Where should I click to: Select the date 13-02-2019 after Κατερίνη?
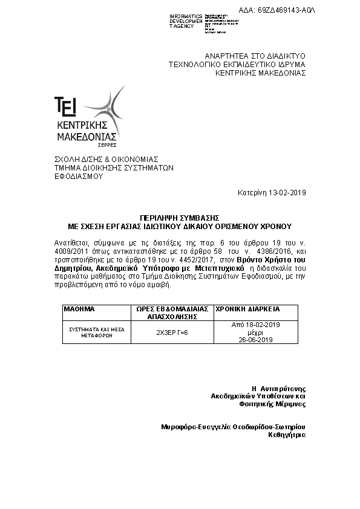pyautogui.click(x=287, y=193)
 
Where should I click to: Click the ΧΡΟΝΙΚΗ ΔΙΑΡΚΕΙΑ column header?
pyautogui.click(x=247, y=309)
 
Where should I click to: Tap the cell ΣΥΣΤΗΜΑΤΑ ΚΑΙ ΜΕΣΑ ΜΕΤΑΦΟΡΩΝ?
pyautogui.click(x=97, y=332)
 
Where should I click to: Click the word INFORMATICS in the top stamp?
pyautogui.click(x=186, y=16)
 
